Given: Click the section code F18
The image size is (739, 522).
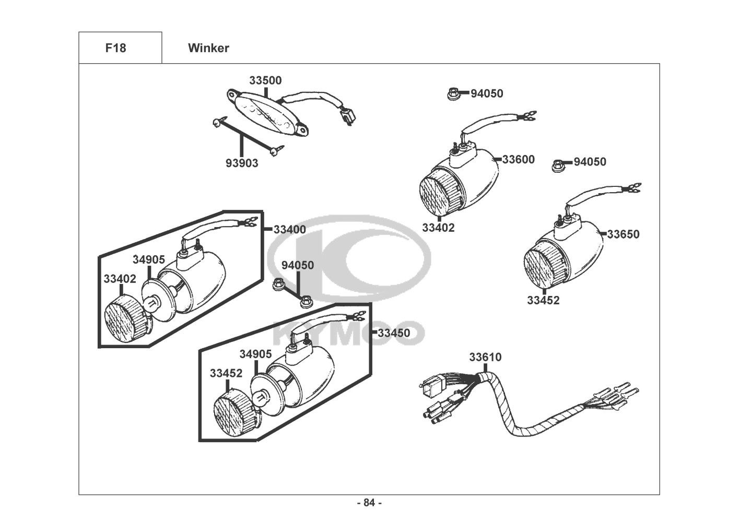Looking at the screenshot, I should point(115,48).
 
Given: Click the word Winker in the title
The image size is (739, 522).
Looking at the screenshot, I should point(208,48).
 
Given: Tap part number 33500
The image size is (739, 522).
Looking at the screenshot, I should point(265,80).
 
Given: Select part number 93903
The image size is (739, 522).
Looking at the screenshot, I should point(242,163).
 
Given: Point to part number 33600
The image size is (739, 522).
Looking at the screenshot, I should point(519,159).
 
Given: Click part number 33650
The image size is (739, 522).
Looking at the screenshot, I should point(623,234).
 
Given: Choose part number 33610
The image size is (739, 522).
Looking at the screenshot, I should point(485,357).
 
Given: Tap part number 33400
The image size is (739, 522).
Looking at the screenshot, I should point(290,229).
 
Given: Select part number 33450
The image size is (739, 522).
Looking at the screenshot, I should point(394,333).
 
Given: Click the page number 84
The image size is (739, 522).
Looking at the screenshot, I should point(369,503).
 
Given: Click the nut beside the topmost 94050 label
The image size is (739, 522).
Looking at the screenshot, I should point(452,94).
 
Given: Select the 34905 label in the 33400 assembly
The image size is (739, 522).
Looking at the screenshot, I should point(148,259).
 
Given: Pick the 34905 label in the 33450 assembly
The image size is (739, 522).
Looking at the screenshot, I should point(255,354).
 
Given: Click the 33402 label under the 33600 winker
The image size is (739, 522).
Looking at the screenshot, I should point(438,228).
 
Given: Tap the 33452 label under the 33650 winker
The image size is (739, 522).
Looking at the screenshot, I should point(543,300).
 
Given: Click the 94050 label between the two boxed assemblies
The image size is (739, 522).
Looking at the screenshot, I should point(298,265).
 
